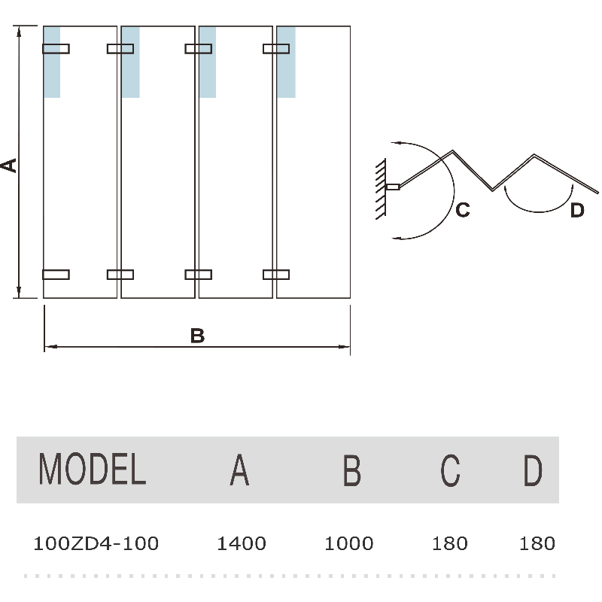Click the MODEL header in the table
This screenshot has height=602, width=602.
click(x=92, y=470)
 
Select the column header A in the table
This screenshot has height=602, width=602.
click(x=239, y=470)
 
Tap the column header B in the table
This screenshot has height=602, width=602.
click(x=351, y=470)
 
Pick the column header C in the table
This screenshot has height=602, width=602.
click(x=450, y=470)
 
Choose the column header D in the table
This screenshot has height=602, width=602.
click(x=533, y=470)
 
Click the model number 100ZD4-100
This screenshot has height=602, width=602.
click(x=96, y=543)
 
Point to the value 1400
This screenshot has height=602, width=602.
click(x=242, y=543)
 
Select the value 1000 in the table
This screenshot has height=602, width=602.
click(x=349, y=543)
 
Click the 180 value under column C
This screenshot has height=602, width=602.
click(x=451, y=543)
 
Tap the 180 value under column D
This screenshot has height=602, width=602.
click(x=537, y=543)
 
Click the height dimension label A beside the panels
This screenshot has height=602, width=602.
click(x=9, y=165)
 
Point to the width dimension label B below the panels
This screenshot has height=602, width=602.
click(x=197, y=336)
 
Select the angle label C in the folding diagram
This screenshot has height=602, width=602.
click(x=464, y=211)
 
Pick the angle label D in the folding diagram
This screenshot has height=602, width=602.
click(x=576, y=211)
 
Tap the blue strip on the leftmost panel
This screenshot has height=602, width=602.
click(x=53, y=62)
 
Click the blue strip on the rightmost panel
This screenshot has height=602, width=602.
click(x=286, y=62)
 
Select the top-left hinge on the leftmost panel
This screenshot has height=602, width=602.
click(x=56, y=49)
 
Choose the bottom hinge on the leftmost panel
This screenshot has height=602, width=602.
click(x=56, y=274)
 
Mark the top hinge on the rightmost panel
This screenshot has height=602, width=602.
click(x=275, y=49)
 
